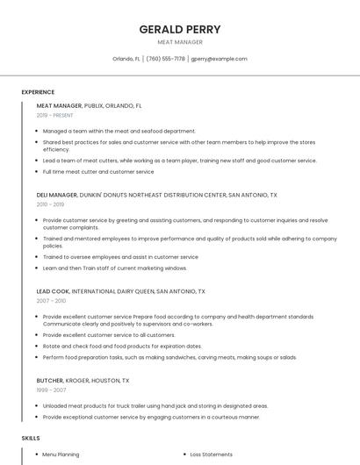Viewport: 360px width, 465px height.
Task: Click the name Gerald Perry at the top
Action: tap(180, 29)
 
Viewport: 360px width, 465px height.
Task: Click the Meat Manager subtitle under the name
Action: tap(180, 42)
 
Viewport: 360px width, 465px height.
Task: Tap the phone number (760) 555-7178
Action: tap(166, 59)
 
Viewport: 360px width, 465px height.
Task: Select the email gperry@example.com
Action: tap(219, 59)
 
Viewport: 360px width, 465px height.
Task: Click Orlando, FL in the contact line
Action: tap(126, 59)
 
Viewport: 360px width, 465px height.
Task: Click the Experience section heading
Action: tap(38, 92)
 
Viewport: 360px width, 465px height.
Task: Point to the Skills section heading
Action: tap(30, 437)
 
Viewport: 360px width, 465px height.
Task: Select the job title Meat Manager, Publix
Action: tap(89, 105)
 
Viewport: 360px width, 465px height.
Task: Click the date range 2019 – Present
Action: tap(55, 115)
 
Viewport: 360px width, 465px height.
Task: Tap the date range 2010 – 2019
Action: tap(51, 204)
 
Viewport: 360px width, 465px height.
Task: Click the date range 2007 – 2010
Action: tap(51, 300)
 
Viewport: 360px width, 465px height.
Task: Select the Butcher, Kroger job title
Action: tap(83, 381)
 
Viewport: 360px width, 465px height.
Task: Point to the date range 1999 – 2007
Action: tap(51, 390)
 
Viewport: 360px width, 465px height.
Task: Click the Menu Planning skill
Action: tap(61, 454)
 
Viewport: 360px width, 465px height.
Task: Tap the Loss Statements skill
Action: tap(211, 454)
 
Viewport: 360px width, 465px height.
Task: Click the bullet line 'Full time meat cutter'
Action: tap(97, 172)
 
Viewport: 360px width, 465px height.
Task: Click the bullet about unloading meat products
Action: tap(155, 406)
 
